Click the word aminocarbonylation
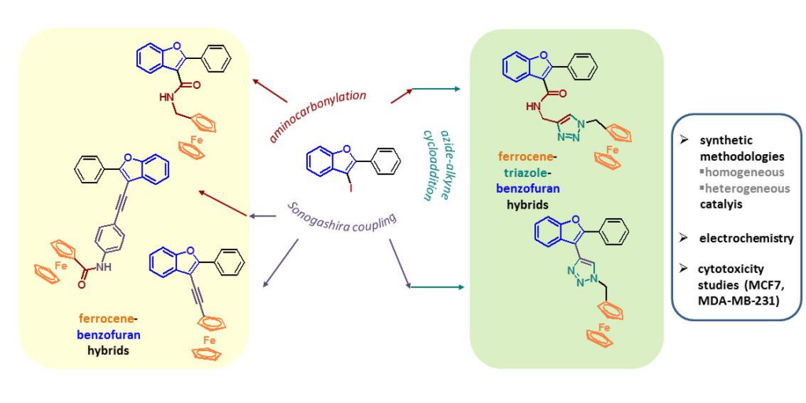pos(318,116)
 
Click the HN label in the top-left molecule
pos(166,98)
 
